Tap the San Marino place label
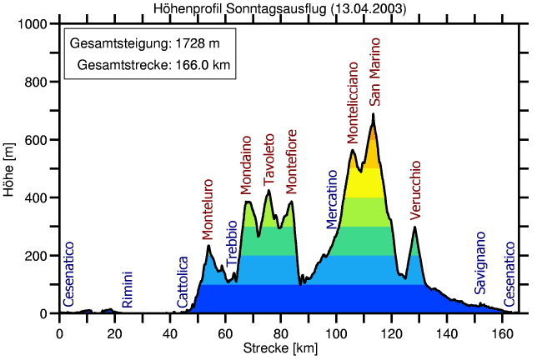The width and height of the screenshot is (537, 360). tap(375, 71)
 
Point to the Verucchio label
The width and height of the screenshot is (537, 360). tap(416, 191)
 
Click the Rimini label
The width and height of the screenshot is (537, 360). tap(127, 290)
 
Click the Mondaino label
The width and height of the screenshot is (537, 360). tap(246, 164)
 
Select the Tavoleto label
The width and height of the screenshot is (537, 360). tap(268, 160)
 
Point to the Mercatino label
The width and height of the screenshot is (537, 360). tap(332, 198)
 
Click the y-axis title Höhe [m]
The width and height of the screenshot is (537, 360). tap(9, 169)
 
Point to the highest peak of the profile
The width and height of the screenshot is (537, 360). tap(374, 114)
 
